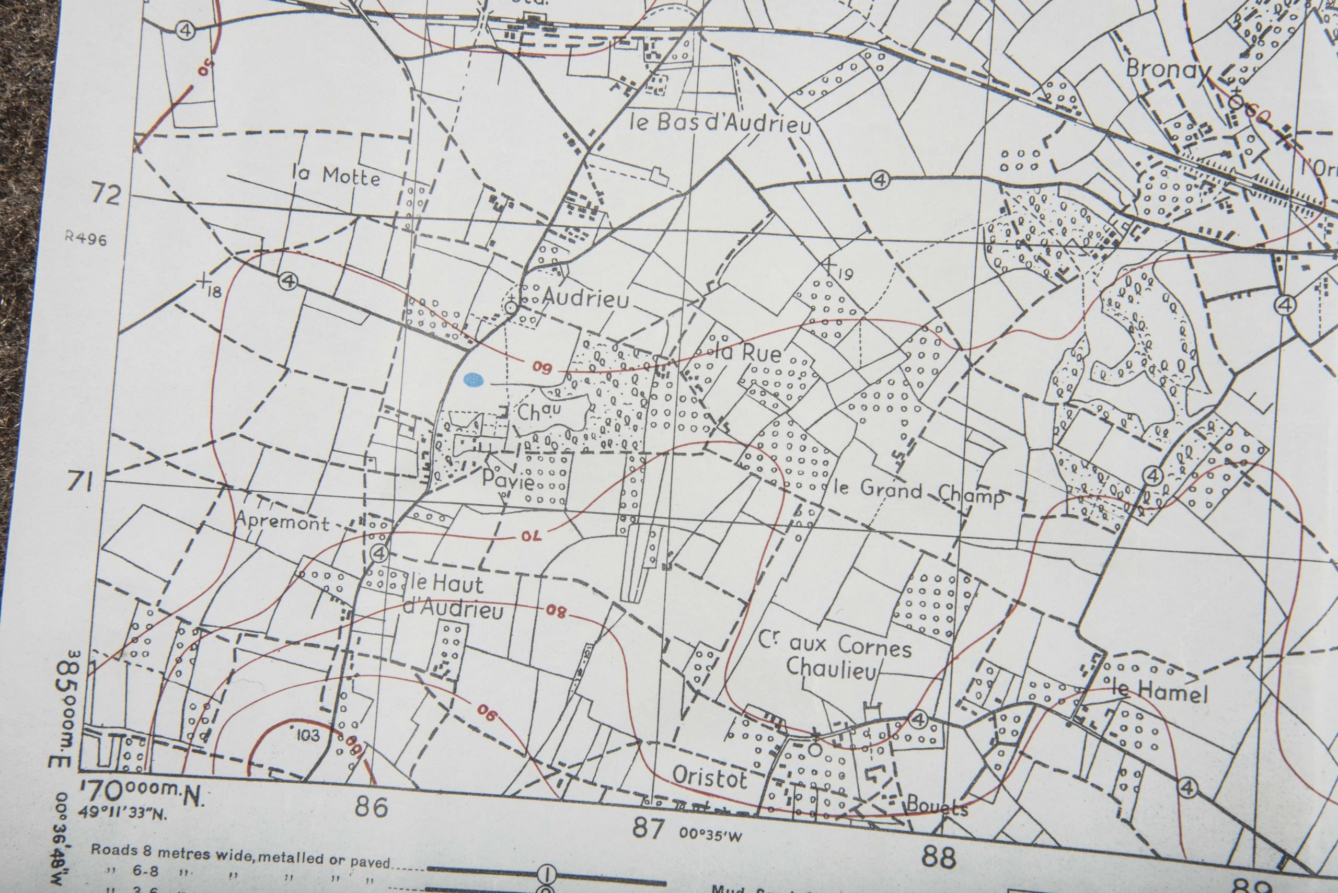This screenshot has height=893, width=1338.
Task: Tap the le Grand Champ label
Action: tap(917, 492)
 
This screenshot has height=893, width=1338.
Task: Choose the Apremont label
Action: tap(283, 521)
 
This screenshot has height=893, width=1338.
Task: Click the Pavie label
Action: tap(508, 482)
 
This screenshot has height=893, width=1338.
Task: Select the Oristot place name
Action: tap(709, 777)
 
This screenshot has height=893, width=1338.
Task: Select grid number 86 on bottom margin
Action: tap(372, 806)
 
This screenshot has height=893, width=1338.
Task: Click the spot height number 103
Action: tap(308, 735)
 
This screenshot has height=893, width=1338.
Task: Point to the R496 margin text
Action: tap(85, 239)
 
